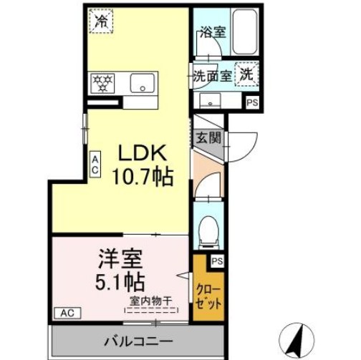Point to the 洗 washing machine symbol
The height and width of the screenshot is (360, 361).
(246, 74)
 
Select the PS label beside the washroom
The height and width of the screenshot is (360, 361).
(251, 102)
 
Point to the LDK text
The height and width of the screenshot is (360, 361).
(143, 152)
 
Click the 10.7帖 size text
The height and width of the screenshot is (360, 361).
(142, 175)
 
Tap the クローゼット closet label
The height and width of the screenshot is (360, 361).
(208, 296)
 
